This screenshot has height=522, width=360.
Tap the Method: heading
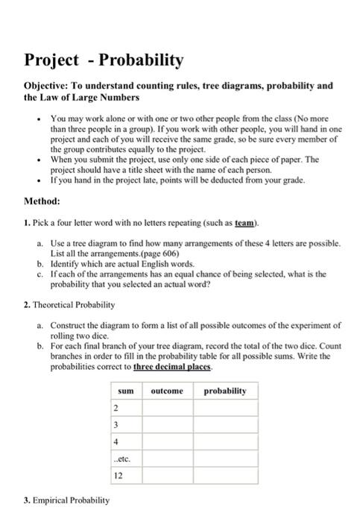coord(42,201)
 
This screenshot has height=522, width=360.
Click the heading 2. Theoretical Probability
coord(69,304)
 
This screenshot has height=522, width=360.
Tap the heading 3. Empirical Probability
coord(66,500)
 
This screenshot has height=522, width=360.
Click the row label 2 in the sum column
coord(116,408)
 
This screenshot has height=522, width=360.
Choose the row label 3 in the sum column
coord(116,424)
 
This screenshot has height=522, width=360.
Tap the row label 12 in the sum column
coord(118,475)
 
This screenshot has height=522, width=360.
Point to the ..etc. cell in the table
coord(122,459)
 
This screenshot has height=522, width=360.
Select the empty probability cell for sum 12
coord(224,475)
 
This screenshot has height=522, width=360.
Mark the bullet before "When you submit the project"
coord(37,159)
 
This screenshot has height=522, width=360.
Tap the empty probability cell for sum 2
coord(224,408)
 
